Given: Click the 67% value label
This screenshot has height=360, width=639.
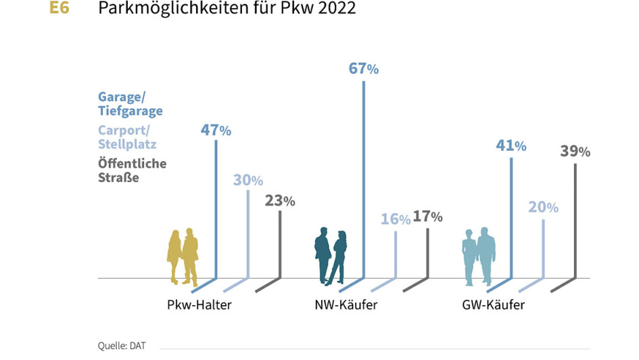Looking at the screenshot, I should pyautogui.click(x=364, y=68).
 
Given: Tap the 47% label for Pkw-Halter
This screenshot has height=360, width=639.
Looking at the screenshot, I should pyautogui.click(x=216, y=130).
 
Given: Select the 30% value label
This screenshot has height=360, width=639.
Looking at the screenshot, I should pyautogui.click(x=247, y=180).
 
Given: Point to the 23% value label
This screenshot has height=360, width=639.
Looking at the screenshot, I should pyautogui.click(x=279, y=200).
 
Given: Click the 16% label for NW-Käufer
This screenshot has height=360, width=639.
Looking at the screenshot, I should pyautogui.click(x=396, y=219).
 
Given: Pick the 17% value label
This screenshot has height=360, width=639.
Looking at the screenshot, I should pyautogui.click(x=427, y=217).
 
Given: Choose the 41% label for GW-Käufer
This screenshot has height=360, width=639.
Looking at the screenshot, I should pyautogui.click(x=511, y=145).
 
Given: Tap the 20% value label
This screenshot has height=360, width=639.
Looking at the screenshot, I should pyautogui.click(x=543, y=207).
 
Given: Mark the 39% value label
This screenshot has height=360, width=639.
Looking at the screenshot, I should pyautogui.click(x=575, y=152).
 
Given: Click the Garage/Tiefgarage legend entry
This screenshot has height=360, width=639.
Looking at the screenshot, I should pyautogui.click(x=131, y=104).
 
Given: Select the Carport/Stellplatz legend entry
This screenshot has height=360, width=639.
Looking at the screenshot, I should pyautogui.click(x=127, y=137).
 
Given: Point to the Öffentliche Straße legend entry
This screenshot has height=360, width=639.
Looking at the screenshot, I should pyautogui.click(x=132, y=171).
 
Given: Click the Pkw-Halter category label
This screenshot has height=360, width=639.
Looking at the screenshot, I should pyautogui.click(x=199, y=305).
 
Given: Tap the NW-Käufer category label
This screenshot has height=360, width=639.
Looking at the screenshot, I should pyautogui.click(x=346, y=305).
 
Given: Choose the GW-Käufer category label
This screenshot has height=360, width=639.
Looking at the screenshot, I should pyautogui.click(x=494, y=305).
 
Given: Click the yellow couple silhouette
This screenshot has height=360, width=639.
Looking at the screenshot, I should pyautogui.click(x=183, y=256).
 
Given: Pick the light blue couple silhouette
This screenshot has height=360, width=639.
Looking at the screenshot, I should pyautogui.click(x=479, y=256).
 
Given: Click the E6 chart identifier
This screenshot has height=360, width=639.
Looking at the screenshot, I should pyautogui.click(x=60, y=9).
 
